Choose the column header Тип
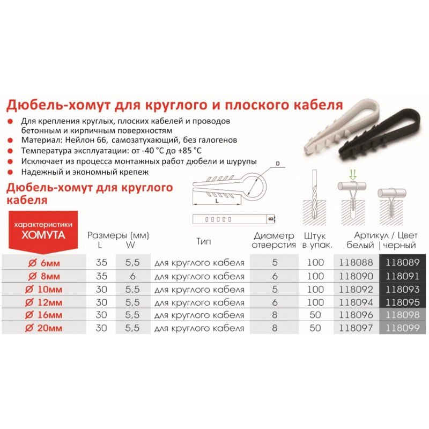click(x=204, y=241)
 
